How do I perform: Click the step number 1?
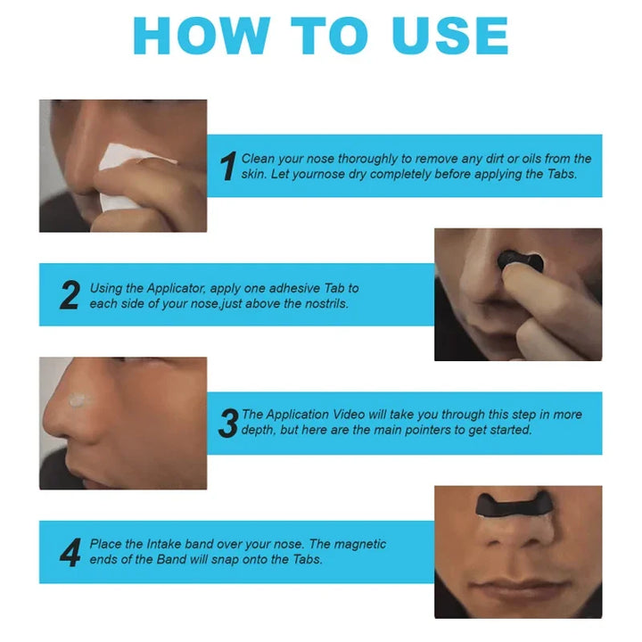click(228, 166)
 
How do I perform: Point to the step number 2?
click(70, 295)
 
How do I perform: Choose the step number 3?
click(228, 423)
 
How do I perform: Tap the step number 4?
click(70, 552)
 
